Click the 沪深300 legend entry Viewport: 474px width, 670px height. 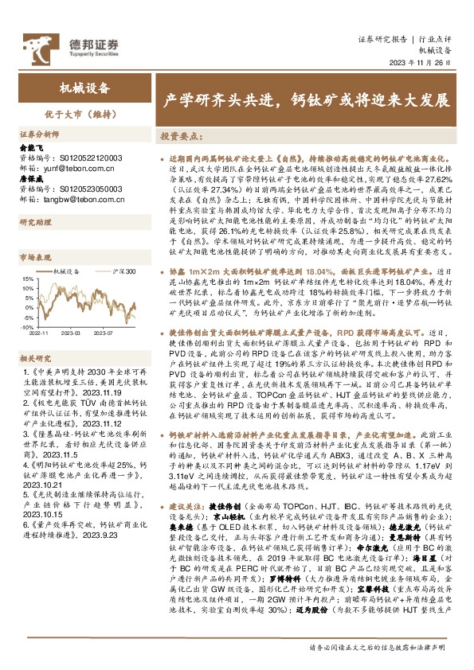coord(123,272)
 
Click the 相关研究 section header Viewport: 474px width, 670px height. coord(33,359)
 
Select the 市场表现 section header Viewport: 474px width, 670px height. coord(33,258)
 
